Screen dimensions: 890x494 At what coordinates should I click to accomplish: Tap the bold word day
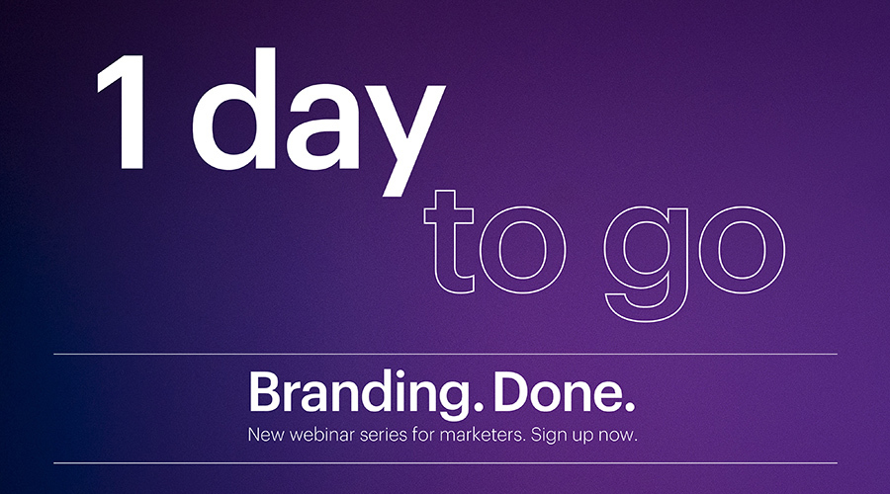coord(317,122)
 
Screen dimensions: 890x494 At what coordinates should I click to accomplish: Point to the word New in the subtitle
coord(266,435)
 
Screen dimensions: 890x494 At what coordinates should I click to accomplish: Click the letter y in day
coord(405,140)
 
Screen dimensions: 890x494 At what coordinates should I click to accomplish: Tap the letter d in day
coord(233,109)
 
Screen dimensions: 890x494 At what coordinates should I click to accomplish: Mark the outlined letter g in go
coord(646,263)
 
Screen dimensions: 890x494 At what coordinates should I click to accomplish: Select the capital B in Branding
coord(264,392)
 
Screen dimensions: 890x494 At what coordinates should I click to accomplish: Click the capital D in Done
coord(512,392)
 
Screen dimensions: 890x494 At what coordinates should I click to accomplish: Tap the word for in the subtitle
coord(423,435)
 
